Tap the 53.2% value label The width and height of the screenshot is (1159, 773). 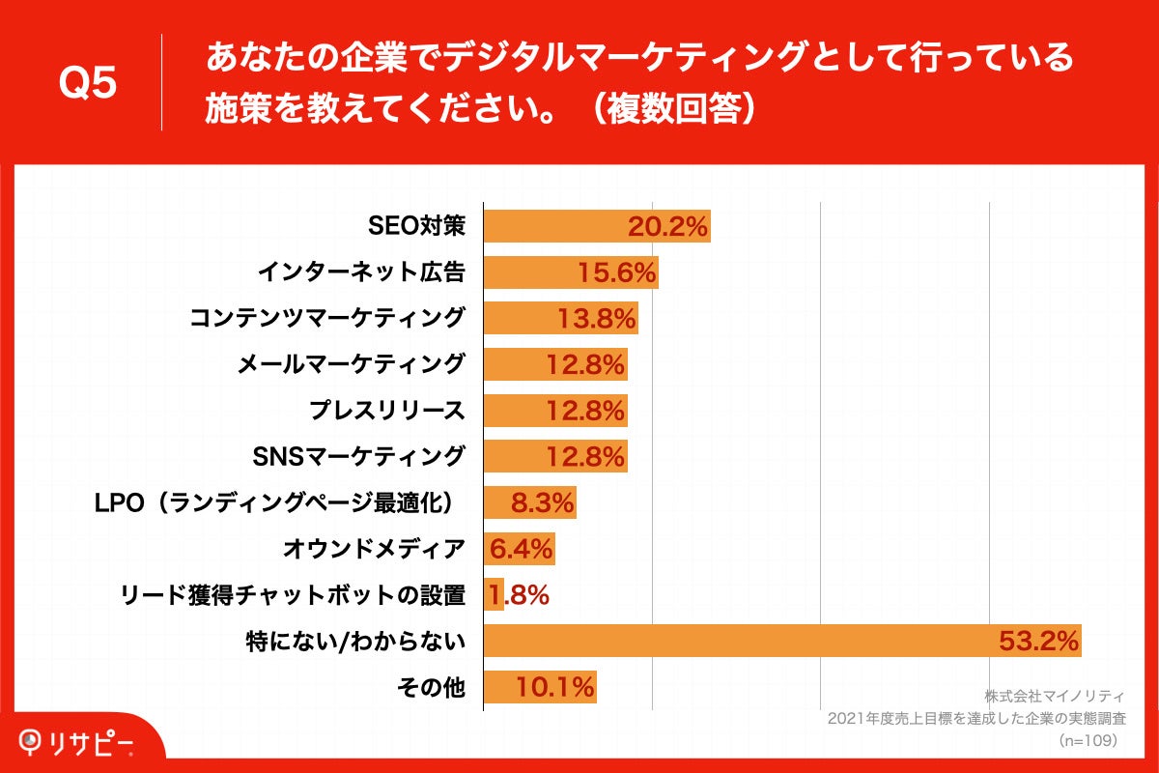pos(1038,641)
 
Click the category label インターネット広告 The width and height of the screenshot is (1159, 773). pos(361,273)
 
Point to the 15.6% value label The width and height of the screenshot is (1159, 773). pos(617,273)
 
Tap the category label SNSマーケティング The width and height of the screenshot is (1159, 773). pos(358,456)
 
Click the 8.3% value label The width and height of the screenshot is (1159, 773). pos(542,502)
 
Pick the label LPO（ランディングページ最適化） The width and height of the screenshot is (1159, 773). pos(277,502)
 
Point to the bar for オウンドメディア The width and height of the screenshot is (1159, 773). pos(519,549)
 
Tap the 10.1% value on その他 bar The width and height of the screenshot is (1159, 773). pos(554,687)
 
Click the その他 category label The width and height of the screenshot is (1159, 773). pos(431,687)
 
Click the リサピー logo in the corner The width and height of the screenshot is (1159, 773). pos(77,743)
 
